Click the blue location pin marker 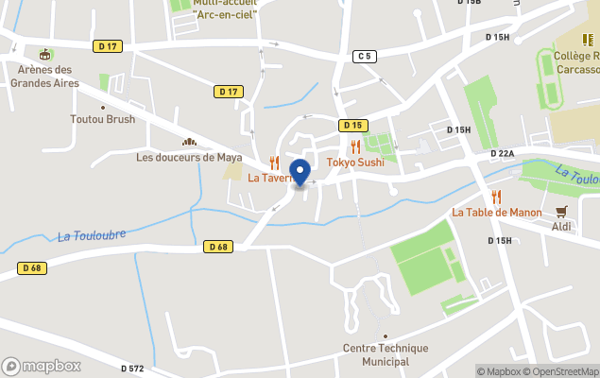(x=300, y=172)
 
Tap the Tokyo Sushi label (x=355, y=163)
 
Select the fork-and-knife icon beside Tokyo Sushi (x=355, y=146)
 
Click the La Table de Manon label (x=497, y=213)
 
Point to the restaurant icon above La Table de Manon (x=496, y=197)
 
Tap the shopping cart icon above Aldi (x=562, y=212)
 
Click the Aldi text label (x=562, y=227)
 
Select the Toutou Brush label (x=102, y=119)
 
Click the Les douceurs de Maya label (x=189, y=157)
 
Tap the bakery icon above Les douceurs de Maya (x=188, y=142)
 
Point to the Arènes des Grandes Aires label (x=45, y=76)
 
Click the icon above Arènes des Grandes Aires (x=45, y=55)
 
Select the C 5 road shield (x=365, y=57)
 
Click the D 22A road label (x=502, y=153)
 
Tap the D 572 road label (x=132, y=368)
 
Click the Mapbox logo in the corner (x=42, y=366)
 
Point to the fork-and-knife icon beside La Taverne (x=274, y=163)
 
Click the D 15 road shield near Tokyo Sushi (x=352, y=125)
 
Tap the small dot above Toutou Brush (x=102, y=107)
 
